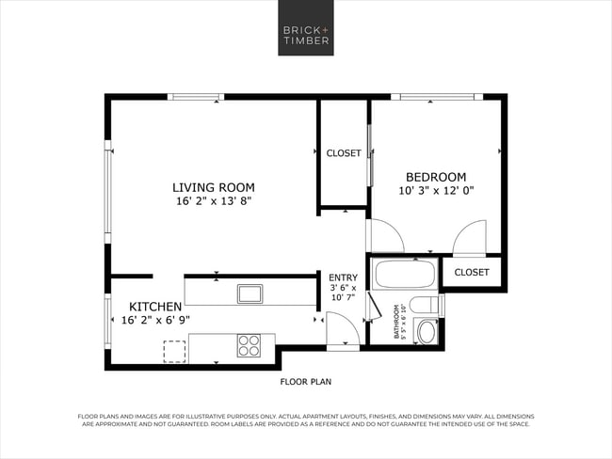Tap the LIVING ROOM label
click(x=214, y=186)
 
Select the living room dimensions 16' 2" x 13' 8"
click(x=214, y=201)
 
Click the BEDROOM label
click(x=436, y=177)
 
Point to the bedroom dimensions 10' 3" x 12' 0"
click(x=436, y=191)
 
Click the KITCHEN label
click(x=155, y=307)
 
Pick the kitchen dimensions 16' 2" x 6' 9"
click(x=155, y=321)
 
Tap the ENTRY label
click(x=343, y=277)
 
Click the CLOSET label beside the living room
click(x=344, y=153)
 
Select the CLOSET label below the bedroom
click(x=472, y=273)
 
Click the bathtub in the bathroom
click(x=404, y=276)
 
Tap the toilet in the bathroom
click(x=427, y=305)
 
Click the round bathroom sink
click(x=427, y=331)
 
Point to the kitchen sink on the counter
click(x=250, y=293)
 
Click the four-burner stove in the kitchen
click(x=249, y=345)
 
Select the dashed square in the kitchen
click(x=175, y=351)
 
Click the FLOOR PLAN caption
click(x=306, y=382)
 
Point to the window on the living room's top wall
click(x=195, y=96)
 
